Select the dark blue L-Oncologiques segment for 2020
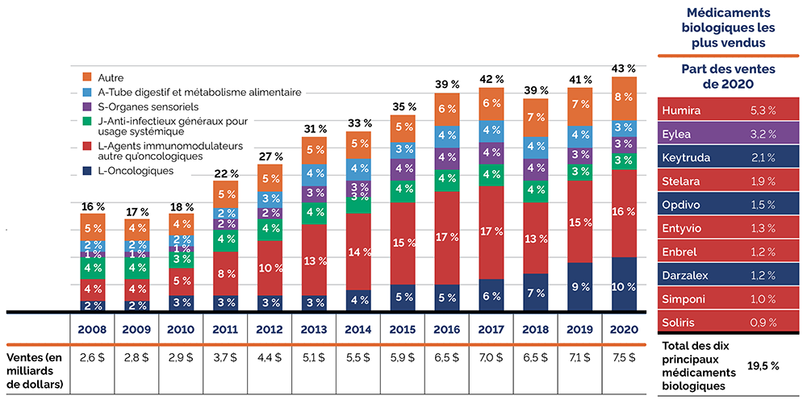point(624,285)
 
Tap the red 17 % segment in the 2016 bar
point(448,238)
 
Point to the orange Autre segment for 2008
point(93,228)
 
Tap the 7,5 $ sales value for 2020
point(624,356)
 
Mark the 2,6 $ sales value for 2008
point(93,356)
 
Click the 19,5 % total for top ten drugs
point(763,365)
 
